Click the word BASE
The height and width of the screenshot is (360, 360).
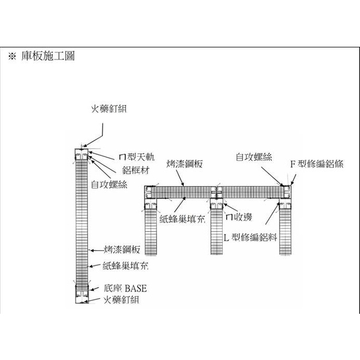pos(136,289)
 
